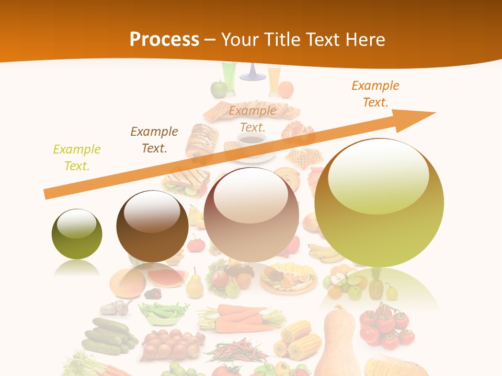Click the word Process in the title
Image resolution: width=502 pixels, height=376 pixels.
pyautogui.click(x=164, y=39)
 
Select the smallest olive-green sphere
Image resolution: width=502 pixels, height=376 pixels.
pyautogui.click(x=77, y=234)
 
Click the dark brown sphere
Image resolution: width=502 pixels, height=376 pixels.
pyautogui.click(x=152, y=226)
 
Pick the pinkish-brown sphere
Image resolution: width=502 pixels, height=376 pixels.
pyautogui.click(x=251, y=215)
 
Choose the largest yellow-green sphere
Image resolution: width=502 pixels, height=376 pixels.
pyautogui.click(x=379, y=203)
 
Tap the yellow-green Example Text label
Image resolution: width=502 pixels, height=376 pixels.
pyautogui.click(x=77, y=158)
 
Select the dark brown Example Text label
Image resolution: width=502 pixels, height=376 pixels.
pyautogui.click(x=154, y=139)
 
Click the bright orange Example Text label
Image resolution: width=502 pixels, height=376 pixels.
pyautogui.click(x=375, y=94)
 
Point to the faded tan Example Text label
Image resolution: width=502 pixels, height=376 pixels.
pyautogui.click(x=253, y=119)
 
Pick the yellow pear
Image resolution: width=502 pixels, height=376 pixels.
pyautogui.click(x=195, y=285)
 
